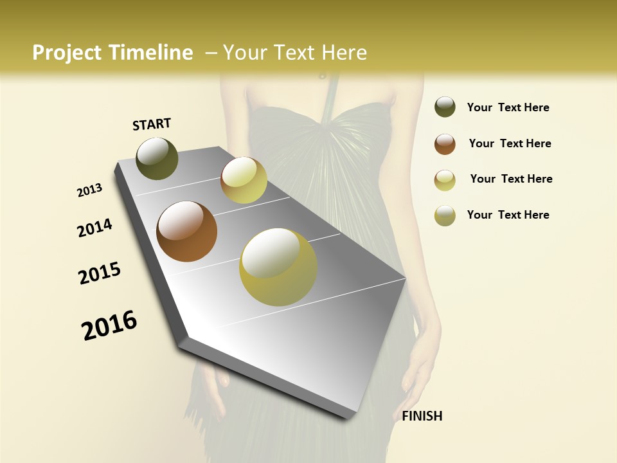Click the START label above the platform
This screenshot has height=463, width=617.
click(152, 124)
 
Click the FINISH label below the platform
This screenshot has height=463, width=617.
click(422, 416)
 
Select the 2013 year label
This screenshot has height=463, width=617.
click(89, 190)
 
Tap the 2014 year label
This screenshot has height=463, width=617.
click(94, 228)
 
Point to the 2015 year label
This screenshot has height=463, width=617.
click(100, 273)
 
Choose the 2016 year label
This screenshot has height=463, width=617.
click(109, 325)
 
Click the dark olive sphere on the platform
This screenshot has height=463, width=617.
click(157, 159)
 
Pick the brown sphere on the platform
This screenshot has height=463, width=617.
click(186, 232)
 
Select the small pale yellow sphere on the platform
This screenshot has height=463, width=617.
click(244, 180)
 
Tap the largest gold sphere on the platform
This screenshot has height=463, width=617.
click(278, 267)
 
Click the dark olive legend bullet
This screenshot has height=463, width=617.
click(445, 107)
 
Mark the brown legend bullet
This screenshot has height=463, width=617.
click(445, 143)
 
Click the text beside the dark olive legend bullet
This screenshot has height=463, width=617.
click(508, 107)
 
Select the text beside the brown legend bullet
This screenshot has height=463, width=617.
click(510, 143)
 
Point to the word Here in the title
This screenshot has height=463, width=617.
click(344, 53)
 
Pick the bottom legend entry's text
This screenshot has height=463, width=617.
click(508, 215)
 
